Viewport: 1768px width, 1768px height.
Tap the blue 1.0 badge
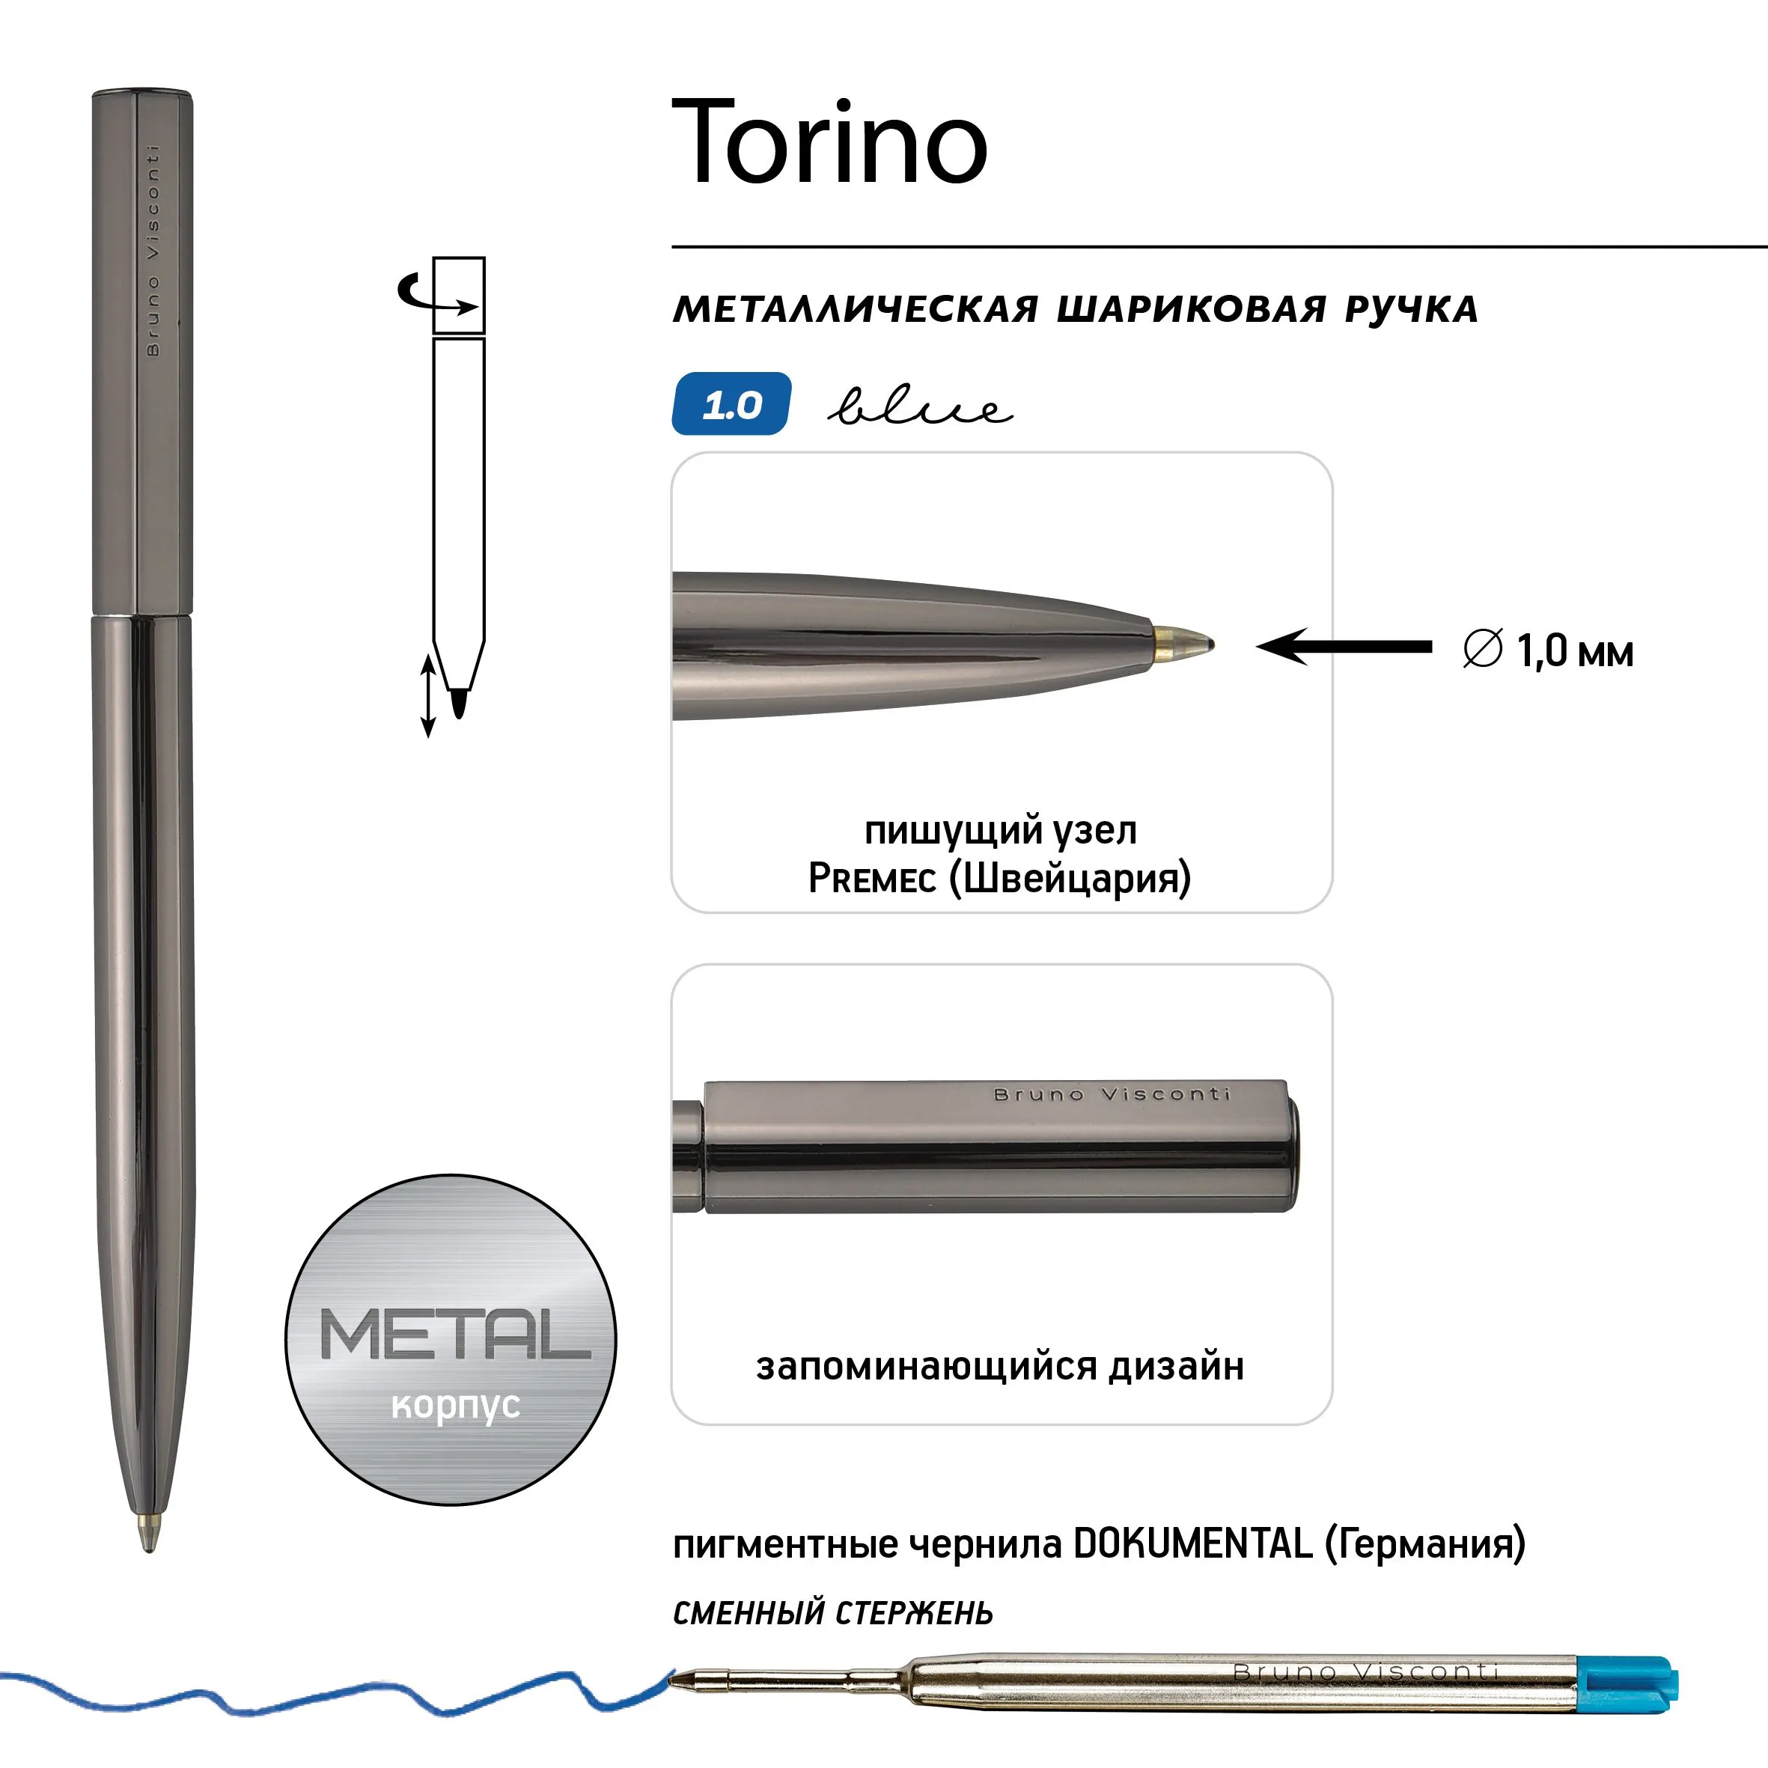click(731, 403)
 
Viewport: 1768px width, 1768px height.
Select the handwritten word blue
click(920, 406)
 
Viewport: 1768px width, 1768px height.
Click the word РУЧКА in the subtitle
click(1411, 309)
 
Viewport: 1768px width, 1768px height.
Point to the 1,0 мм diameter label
click(1549, 650)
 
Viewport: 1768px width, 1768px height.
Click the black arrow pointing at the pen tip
click(1344, 647)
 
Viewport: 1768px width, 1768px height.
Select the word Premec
click(872, 879)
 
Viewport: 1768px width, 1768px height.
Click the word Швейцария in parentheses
click(1070, 879)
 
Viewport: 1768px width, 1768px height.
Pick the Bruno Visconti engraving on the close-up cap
click(1112, 1094)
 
